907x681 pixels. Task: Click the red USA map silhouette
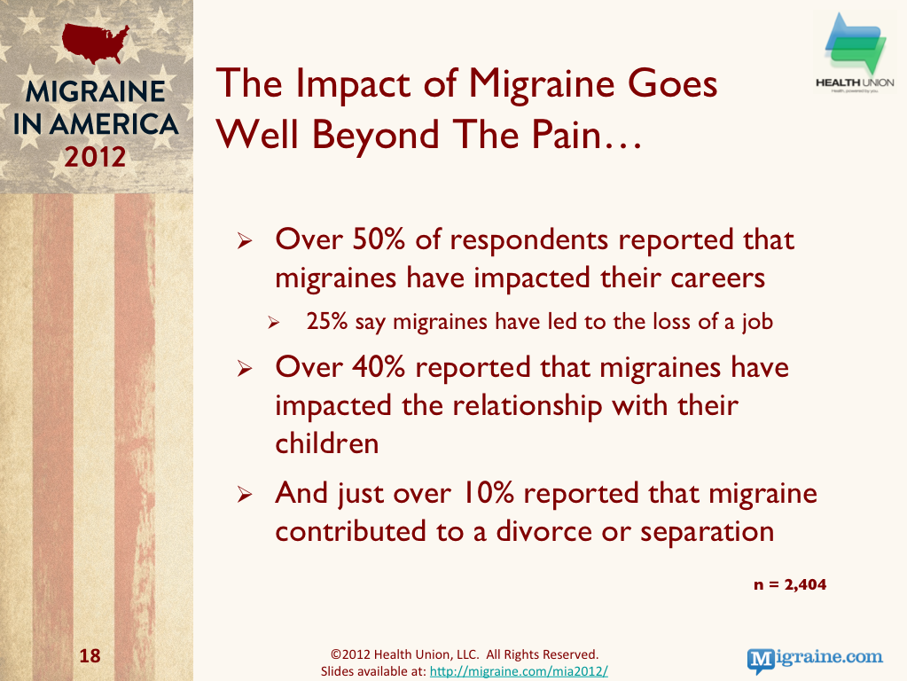(x=95, y=43)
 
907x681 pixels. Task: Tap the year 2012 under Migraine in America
(x=95, y=157)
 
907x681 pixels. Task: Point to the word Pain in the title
(x=567, y=134)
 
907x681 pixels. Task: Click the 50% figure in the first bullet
(x=379, y=239)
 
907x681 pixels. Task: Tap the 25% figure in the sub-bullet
(x=327, y=321)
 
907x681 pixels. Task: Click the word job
(x=758, y=322)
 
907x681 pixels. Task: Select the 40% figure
(x=379, y=367)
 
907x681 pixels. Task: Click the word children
(x=327, y=443)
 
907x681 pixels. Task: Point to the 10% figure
(x=489, y=493)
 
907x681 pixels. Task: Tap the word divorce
(x=543, y=530)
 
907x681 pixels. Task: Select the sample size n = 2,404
(x=790, y=584)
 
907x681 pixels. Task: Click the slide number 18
(x=90, y=655)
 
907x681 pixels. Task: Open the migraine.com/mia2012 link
(x=519, y=671)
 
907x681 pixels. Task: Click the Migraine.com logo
(x=815, y=660)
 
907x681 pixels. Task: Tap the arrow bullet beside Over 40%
(x=245, y=368)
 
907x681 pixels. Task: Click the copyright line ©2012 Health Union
(x=465, y=654)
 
